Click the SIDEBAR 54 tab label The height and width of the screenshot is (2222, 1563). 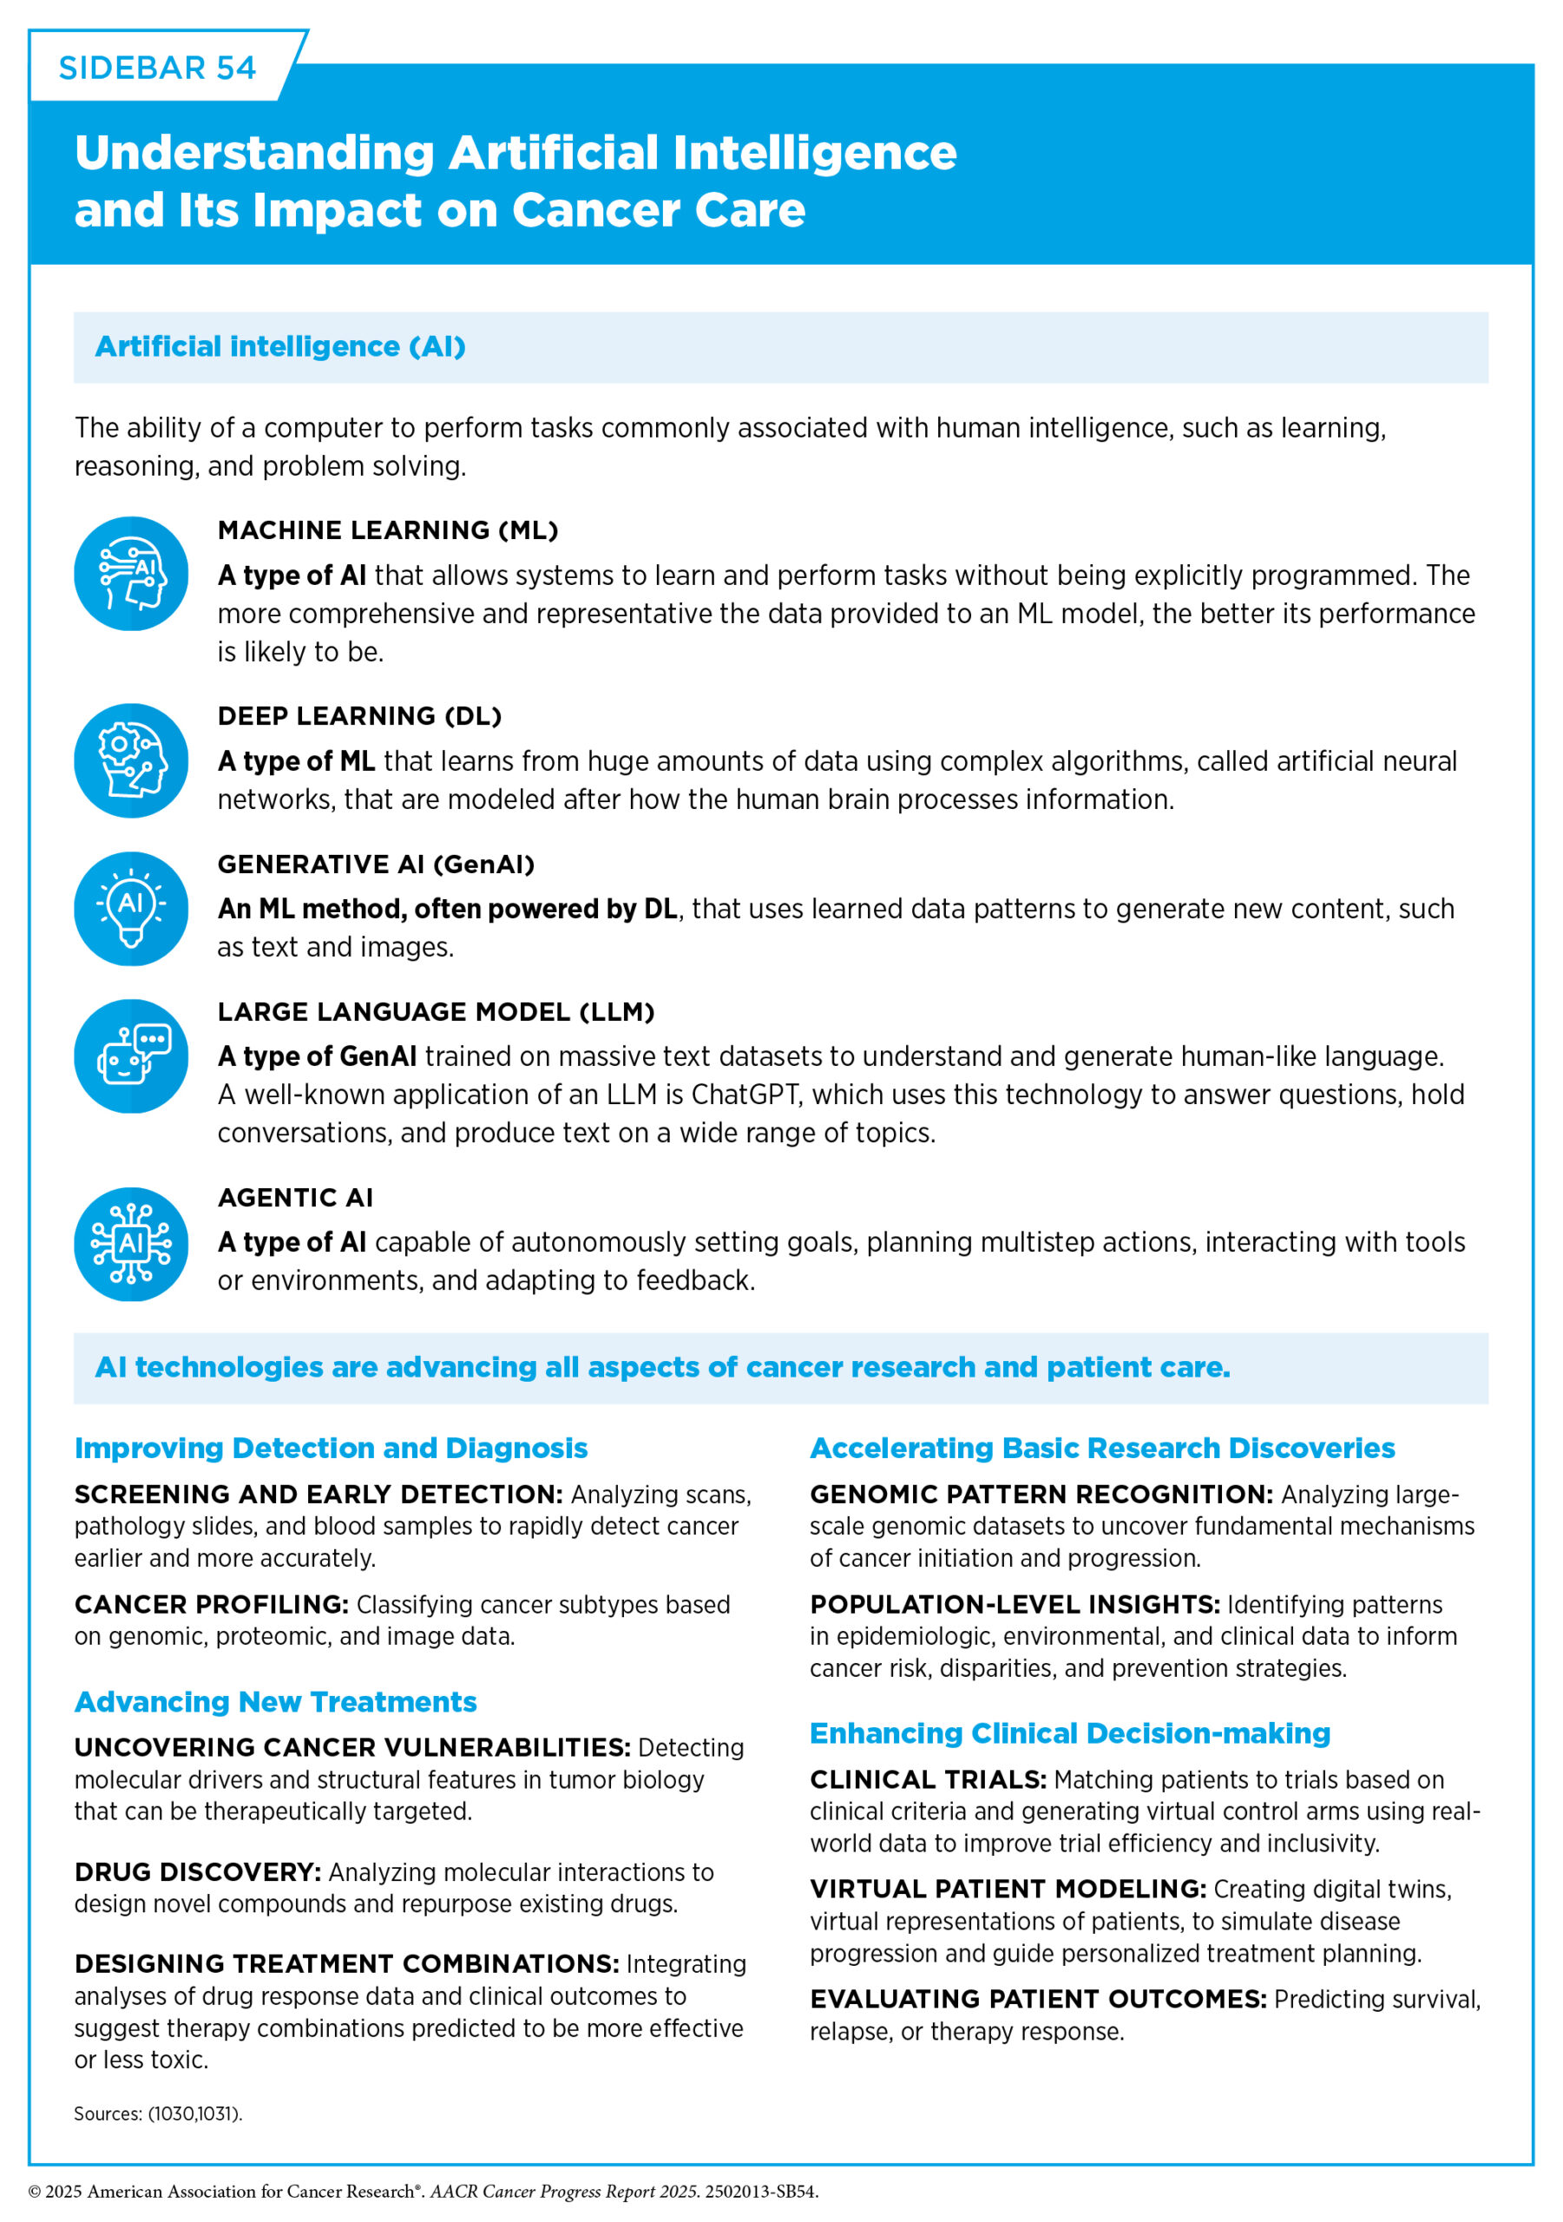[x=157, y=68]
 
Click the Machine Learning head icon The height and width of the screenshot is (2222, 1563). [x=132, y=574]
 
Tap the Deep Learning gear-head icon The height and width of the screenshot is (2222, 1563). [x=132, y=759]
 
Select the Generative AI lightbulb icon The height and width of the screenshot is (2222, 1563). [x=132, y=908]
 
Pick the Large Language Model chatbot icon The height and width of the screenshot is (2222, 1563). [x=132, y=1055]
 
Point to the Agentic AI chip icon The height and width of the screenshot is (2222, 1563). [x=132, y=1244]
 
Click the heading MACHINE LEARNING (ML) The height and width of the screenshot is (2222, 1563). [x=388, y=530]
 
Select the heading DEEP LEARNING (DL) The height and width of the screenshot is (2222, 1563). [x=360, y=716]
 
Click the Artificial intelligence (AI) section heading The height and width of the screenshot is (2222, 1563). [x=280, y=346]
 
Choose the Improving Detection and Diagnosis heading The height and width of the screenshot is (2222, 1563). [x=331, y=1448]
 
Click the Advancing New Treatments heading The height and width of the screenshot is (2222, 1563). [x=276, y=1701]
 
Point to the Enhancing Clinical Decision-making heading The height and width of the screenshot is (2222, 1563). [x=1069, y=1732]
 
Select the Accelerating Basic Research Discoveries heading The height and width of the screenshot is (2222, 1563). [x=1102, y=1448]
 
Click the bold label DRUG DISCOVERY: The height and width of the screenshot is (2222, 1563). [x=197, y=1871]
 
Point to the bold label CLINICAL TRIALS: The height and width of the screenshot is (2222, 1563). [x=928, y=1778]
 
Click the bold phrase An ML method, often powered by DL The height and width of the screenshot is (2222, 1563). [x=447, y=909]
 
